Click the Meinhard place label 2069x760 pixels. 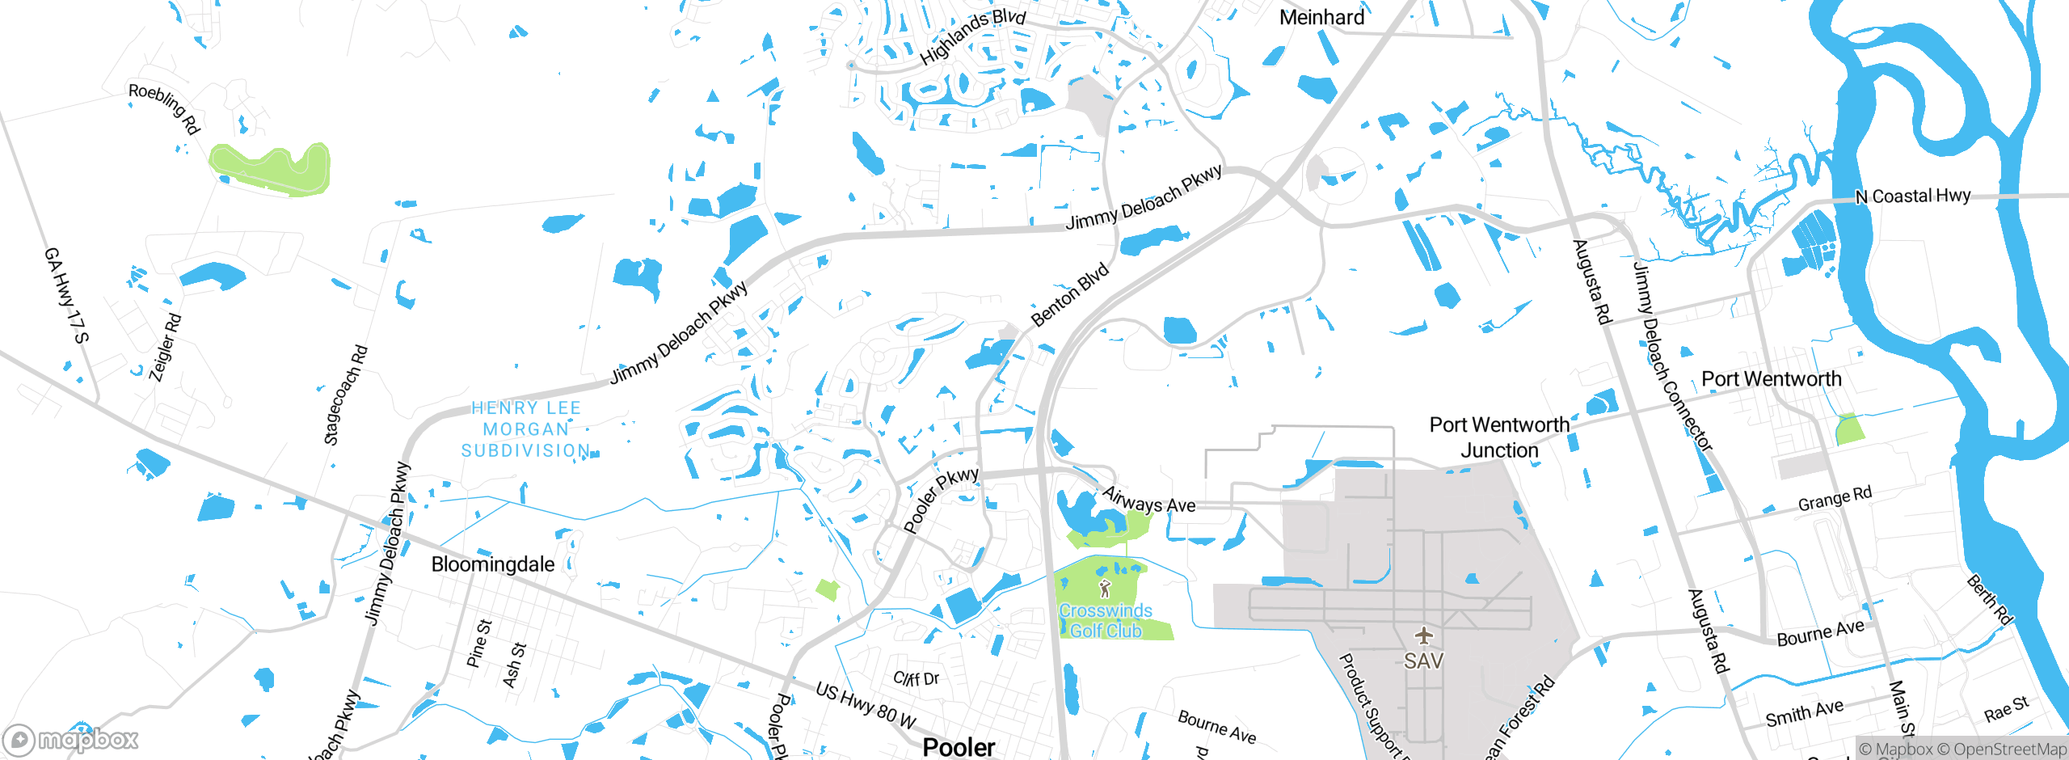1321,17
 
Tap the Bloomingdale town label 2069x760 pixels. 493,564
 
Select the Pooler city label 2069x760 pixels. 959,747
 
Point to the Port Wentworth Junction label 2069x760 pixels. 1499,437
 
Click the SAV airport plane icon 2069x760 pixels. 1423,635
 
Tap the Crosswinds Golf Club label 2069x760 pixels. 1106,621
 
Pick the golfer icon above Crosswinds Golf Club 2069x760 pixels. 1105,589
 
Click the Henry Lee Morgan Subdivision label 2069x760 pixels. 526,429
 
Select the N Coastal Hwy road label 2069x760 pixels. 1913,196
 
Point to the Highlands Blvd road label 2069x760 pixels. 973,37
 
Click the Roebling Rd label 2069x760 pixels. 164,108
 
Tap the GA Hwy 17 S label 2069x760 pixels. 66,295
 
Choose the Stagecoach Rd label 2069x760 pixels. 346,395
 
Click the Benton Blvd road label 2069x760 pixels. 1070,295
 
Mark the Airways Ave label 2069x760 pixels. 1148,500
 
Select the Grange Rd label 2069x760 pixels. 1835,499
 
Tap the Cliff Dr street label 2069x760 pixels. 916,678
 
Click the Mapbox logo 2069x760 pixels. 71,740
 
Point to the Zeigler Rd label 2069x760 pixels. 166,348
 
